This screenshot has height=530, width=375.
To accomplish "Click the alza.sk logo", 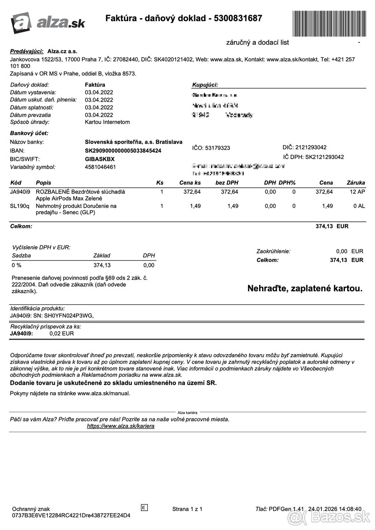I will [48, 22].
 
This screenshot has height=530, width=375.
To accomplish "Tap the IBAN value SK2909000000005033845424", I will [123, 151].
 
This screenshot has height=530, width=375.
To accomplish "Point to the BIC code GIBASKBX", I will [99, 159].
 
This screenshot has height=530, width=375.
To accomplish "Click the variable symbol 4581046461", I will [100, 167].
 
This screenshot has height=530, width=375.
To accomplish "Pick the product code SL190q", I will [19, 206].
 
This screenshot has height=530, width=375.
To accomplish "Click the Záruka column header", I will [356, 182].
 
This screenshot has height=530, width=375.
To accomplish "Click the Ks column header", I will [160, 182].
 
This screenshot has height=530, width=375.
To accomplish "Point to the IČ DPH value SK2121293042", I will [324, 157].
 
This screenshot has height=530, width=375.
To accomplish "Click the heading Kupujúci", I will [205, 85].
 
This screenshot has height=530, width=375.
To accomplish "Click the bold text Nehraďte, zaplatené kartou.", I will [305, 288].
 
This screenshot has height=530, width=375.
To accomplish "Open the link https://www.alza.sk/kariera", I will [121, 426].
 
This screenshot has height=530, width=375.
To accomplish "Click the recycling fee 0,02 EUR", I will [61, 333].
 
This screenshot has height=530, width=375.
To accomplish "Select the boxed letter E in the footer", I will [144, 507].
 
